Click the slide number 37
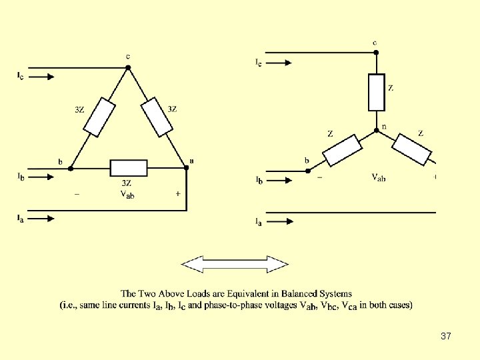446,336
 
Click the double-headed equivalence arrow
235,265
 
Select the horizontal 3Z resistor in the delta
128,168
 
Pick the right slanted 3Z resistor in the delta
157,118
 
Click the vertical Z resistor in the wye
377,92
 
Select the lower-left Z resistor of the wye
343,150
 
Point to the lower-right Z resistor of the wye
412,149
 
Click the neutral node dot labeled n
377,129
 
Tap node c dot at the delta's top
128,67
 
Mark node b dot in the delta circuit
70,169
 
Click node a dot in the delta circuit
186,168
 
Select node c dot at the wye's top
377,51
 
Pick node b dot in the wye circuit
308,171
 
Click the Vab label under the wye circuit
378,177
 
